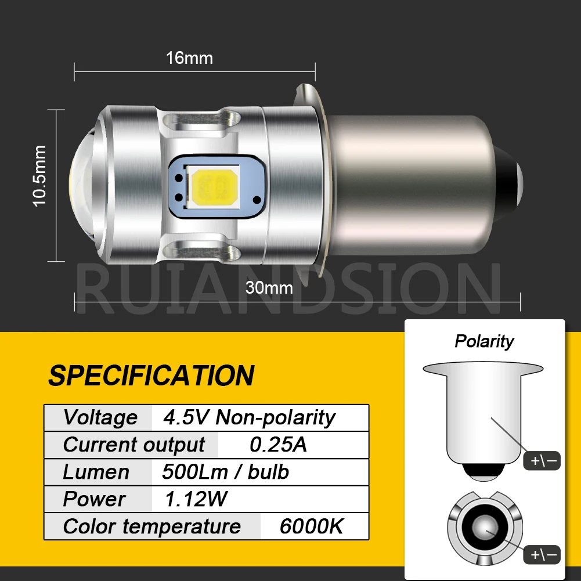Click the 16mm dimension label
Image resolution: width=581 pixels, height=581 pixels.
tap(189, 58)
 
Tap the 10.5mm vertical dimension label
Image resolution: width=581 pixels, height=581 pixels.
tap(39, 176)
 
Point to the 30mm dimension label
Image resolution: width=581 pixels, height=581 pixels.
tap(269, 287)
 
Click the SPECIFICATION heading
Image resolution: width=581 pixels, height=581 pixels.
tap(151, 375)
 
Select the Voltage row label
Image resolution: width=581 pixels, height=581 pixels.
tap(100, 417)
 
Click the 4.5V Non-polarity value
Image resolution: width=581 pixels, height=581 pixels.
tap(249, 417)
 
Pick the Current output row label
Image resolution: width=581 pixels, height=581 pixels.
tap(133, 445)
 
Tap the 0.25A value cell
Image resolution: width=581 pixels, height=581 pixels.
tap(278, 445)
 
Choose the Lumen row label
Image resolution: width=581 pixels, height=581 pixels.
tap(96, 472)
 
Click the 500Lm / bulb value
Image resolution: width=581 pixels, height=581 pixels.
tap(225, 472)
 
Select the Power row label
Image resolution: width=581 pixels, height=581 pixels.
tap(93, 499)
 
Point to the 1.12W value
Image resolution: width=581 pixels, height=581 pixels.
tap(196, 499)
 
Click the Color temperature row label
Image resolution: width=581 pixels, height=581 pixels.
tap(151, 526)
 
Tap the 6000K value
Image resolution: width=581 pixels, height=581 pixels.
tap(311, 526)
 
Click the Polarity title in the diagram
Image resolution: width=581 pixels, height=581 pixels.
tap(484, 341)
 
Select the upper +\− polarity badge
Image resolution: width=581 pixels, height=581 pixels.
tap(542, 461)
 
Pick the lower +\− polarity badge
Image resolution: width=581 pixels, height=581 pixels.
tap(542, 555)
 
